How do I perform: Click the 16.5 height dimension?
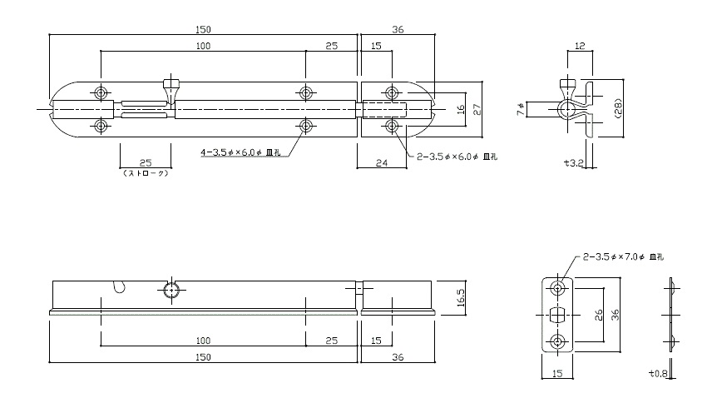click(461, 297)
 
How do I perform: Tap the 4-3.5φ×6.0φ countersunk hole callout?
click(240, 152)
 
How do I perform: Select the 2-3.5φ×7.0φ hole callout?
click(623, 256)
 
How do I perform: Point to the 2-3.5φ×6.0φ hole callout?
click(457, 157)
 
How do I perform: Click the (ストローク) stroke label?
click(146, 173)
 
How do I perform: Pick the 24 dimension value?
click(382, 162)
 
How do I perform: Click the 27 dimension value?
click(477, 110)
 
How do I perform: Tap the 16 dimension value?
click(461, 110)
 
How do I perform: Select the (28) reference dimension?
click(617, 109)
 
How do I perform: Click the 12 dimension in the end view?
click(580, 46)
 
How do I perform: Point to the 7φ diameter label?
click(521, 109)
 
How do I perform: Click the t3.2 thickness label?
click(573, 162)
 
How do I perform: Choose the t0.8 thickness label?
click(658, 374)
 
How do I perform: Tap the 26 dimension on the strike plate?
click(599, 315)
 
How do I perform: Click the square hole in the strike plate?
click(557, 315)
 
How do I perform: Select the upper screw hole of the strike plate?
click(557, 288)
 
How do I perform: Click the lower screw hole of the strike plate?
click(557, 341)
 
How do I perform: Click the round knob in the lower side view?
click(171, 290)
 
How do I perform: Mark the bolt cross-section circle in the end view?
click(566, 110)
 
